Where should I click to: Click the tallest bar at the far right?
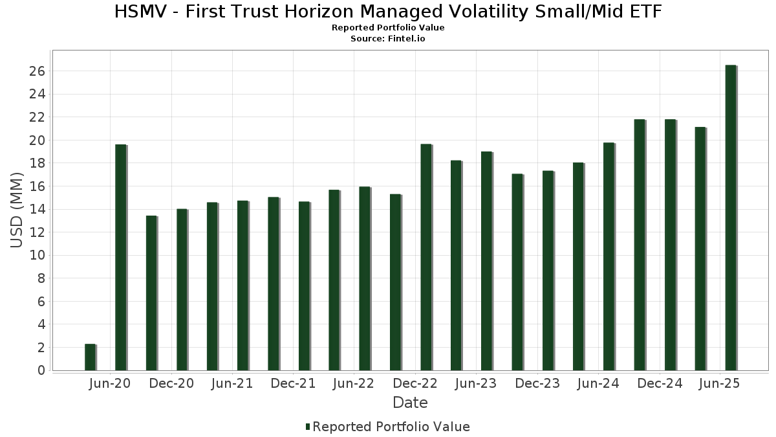[x=731, y=218]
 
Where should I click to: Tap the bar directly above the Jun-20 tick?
[x=120, y=257]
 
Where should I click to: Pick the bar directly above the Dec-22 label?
[x=426, y=257]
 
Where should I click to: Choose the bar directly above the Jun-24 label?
[x=609, y=256]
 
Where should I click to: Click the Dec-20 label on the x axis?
[x=171, y=384]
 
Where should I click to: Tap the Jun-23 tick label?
[x=476, y=384]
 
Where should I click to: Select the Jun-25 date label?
[x=720, y=384]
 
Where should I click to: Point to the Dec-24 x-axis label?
[x=659, y=384]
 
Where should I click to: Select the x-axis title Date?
[x=410, y=403]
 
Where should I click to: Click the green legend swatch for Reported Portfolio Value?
[x=308, y=427]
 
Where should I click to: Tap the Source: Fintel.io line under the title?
[x=388, y=38]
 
